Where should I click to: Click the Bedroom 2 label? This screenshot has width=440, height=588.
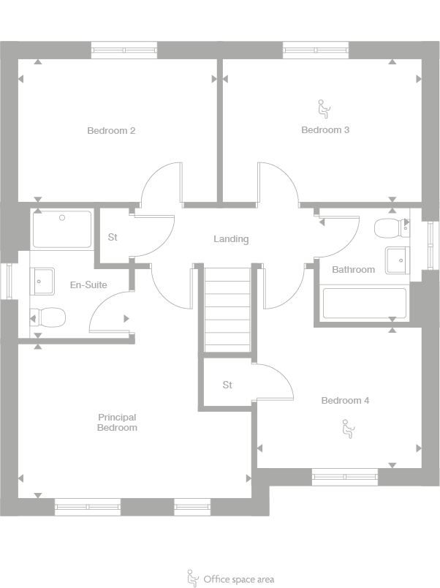pyautogui.click(x=111, y=131)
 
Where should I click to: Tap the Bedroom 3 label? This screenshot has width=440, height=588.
pyautogui.click(x=325, y=130)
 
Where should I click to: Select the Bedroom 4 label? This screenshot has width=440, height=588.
pyautogui.click(x=345, y=401)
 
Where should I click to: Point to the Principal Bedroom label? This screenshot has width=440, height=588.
pyautogui.click(x=117, y=423)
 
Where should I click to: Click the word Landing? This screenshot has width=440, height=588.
pyautogui.click(x=231, y=239)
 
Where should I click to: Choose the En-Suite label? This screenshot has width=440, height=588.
pyautogui.click(x=88, y=284)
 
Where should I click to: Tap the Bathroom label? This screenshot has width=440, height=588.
pyautogui.click(x=353, y=270)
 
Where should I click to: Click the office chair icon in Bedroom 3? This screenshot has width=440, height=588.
pyautogui.click(x=323, y=110)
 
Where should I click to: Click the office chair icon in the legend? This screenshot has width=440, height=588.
pyautogui.click(x=193, y=578)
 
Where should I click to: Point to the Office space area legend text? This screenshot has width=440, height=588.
pyautogui.click(x=239, y=579)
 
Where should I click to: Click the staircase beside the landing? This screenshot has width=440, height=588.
pyautogui.click(x=227, y=309)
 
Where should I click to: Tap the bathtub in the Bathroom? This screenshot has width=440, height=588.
pyautogui.click(x=364, y=303)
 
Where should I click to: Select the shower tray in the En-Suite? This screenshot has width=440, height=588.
pyautogui.click(x=62, y=229)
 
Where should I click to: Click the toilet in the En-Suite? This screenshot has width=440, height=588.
pyautogui.click(x=48, y=317)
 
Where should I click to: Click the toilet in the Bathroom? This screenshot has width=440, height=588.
pyautogui.click(x=387, y=228)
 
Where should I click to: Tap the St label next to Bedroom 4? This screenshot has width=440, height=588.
pyautogui.click(x=227, y=385)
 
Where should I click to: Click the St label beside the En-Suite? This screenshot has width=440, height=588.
pyautogui.click(x=113, y=237)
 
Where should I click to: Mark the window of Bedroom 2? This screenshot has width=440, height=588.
pyautogui.click(x=124, y=50)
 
